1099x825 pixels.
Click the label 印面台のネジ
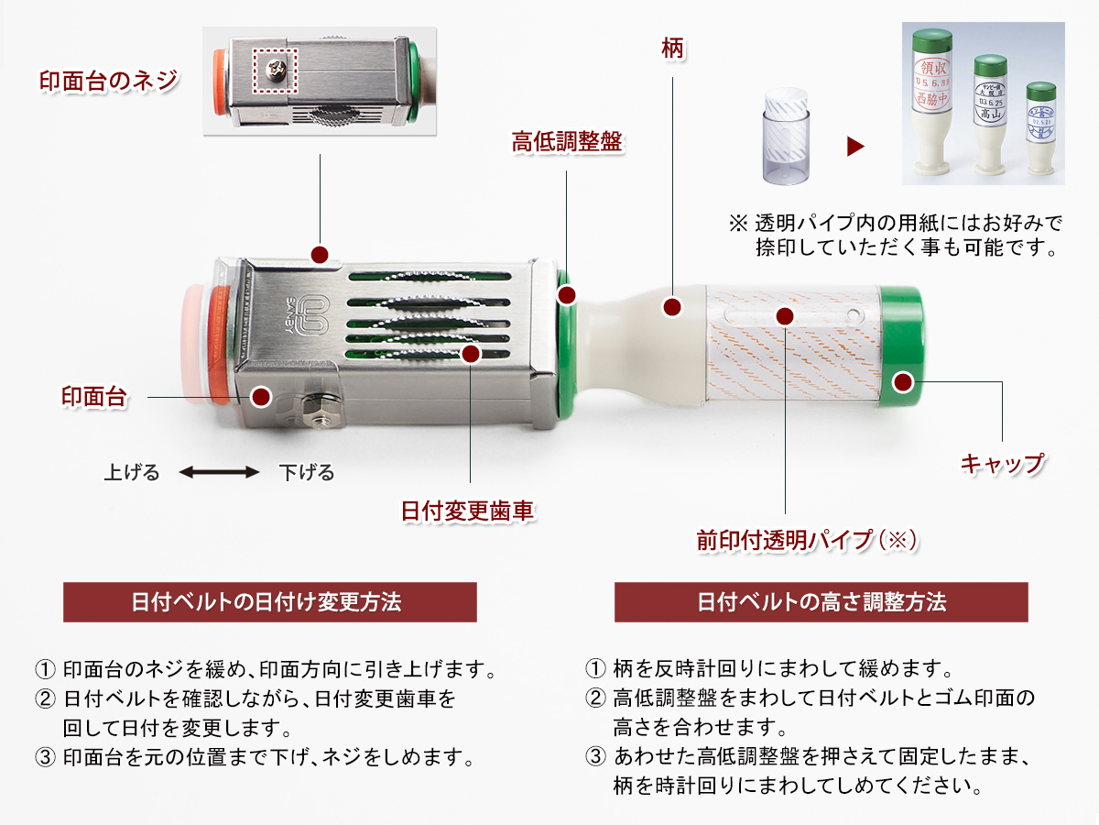107,81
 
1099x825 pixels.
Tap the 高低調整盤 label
567,142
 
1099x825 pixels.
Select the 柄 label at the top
672,49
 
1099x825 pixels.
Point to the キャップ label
1002,463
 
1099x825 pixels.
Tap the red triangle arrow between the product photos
854,146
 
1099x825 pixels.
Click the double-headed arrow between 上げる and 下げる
219,473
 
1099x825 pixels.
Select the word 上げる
132,473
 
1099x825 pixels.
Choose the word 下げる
307,473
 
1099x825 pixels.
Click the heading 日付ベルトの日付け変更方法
269,602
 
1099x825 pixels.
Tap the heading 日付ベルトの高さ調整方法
822,602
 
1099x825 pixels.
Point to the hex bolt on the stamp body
318,410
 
